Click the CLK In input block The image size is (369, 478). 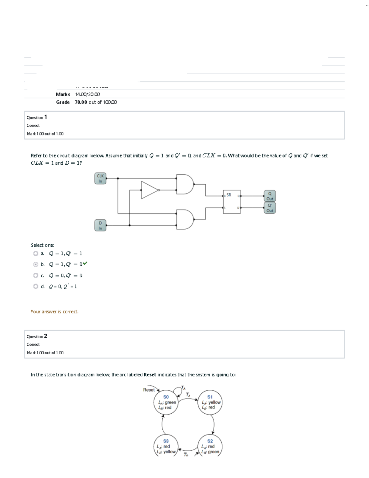(x=100, y=179)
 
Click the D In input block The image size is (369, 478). (x=100, y=225)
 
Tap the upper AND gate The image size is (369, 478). (x=184, y=184)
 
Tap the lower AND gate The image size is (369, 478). (x=184, y=219)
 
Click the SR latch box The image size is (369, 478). (x=232, y=202)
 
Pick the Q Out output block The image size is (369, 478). (x=270, y=196)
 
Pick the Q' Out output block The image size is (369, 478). (x=270, y=208)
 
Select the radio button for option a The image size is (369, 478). (x=36, y=254)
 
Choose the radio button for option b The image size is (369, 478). (x=36, y=264)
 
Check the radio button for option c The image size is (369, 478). (x=36, y=275)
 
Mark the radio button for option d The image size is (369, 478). (x=36, y=287)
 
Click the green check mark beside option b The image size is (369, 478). (x=85, y=263)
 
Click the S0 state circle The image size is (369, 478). (x=166, y=402)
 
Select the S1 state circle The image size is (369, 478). (x=210, y=402)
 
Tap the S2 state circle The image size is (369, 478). (x=210, y=446)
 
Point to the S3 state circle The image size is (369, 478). (x=166, y=446)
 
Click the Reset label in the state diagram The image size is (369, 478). (x=149, y=390)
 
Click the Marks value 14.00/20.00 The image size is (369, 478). (x=88, y=94)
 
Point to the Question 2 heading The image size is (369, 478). (x=37, y=336)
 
